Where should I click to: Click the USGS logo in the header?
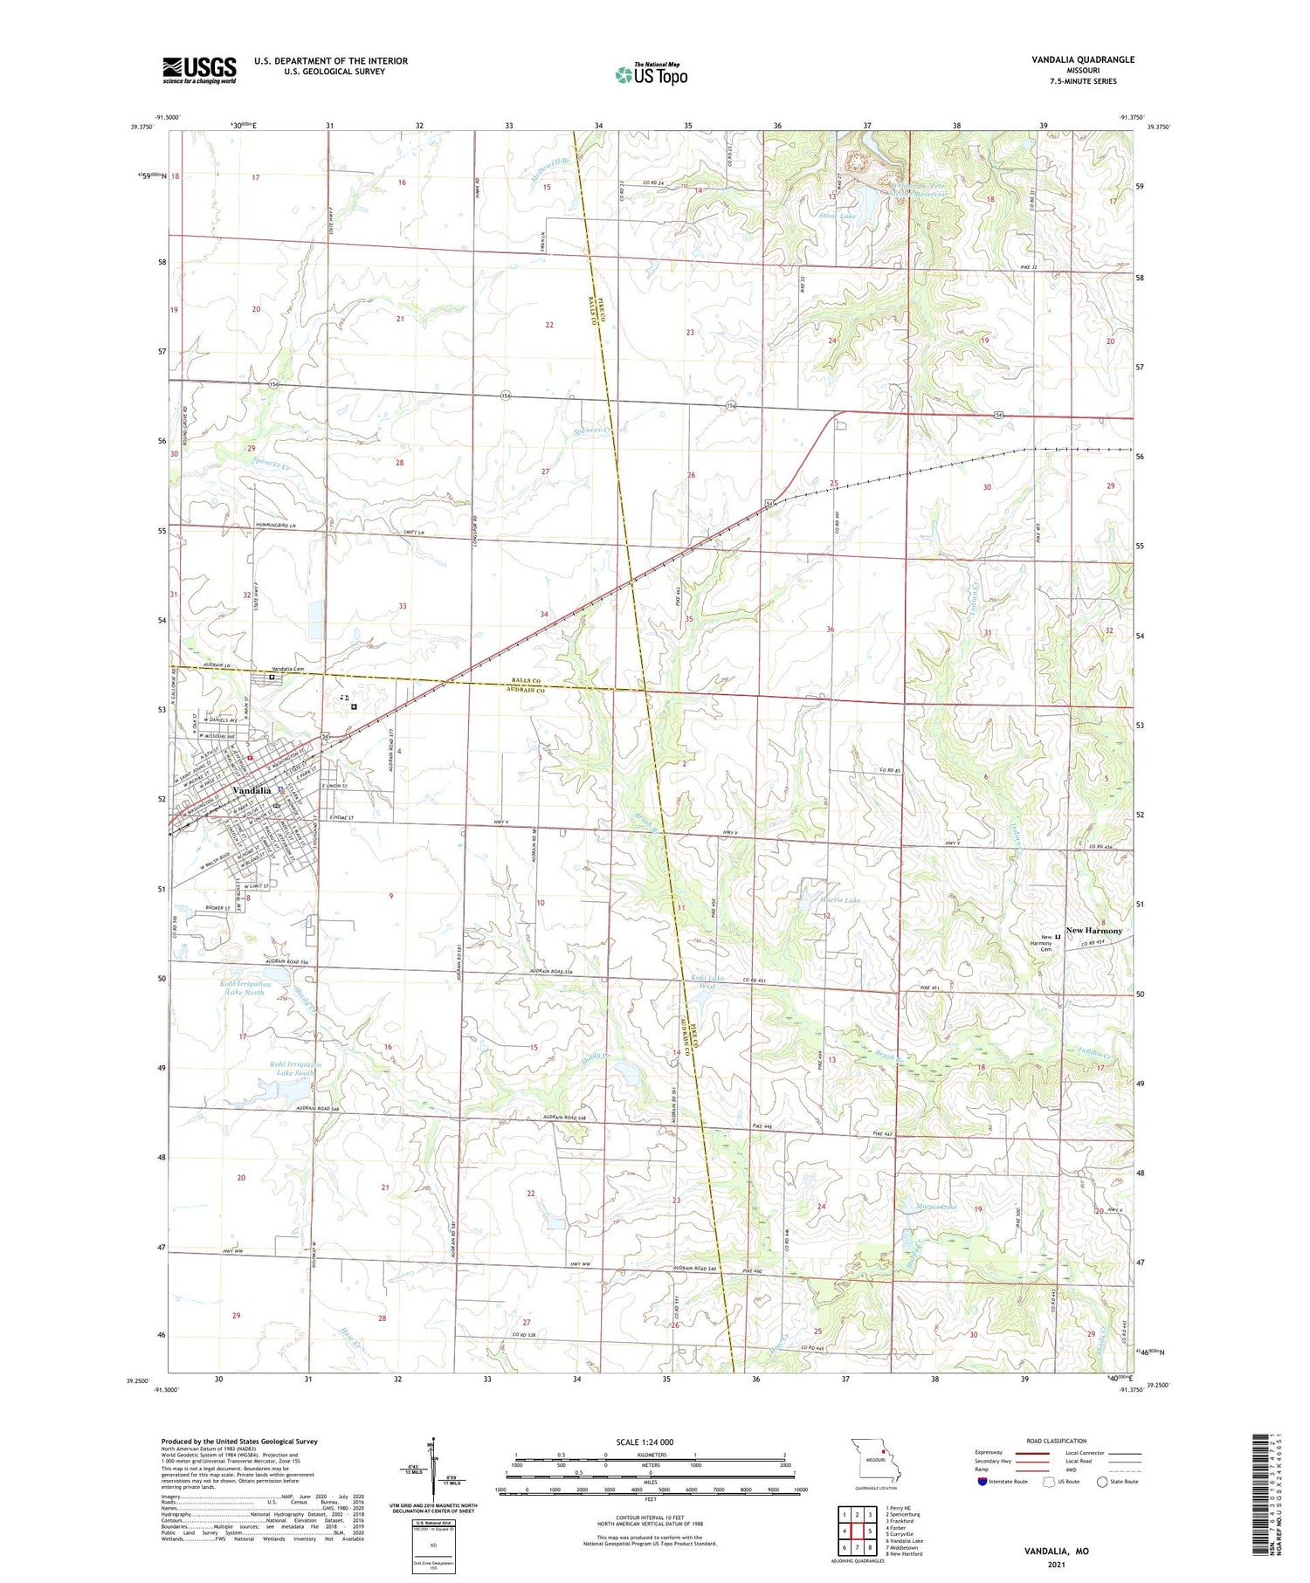tap(199, 70)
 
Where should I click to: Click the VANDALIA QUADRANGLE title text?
tap(1083, 59)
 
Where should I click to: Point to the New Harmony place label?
tap(1093, 931)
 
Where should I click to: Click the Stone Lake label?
tap(838, 215)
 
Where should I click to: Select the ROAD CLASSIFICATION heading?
tap(1057, 1441)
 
